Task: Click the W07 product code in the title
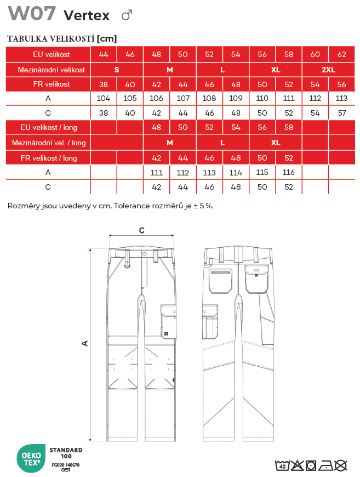click(31, 13)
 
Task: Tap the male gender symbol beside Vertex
click(127, 15)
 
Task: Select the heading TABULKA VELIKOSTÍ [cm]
click(62, 38)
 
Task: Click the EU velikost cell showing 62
click(342, 54)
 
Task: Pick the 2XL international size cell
click(329, 70)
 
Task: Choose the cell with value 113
click(342, 98)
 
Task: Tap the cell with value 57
click(342, 113)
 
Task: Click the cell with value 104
click(104, 98)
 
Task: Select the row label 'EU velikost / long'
click(48, 127)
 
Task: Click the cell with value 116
click(289, 172)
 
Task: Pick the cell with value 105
click(130, 98)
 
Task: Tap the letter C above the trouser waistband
click(141, 231)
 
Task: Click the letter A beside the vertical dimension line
click(85, 343)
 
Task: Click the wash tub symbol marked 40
click(282, 465)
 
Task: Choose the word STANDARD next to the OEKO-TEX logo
click(66, 450)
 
